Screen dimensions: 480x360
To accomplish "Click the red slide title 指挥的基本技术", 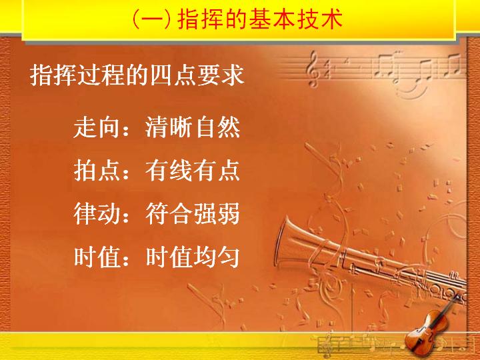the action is pos(259,19).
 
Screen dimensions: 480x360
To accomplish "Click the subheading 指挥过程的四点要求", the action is pos(137,75).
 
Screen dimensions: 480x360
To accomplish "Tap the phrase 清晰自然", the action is pos(193,127).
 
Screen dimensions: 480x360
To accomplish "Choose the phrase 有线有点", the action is pos(193,171).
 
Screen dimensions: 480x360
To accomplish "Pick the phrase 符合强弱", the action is pos(193,214).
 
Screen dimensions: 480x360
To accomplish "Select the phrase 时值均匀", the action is pos(193,257).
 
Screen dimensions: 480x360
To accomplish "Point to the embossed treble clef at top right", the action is pos(313,69).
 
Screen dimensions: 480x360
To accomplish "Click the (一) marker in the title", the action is pos(152,19).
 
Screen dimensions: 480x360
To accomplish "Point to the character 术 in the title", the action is pos(331,19).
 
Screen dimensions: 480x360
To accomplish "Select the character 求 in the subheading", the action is pos(233,75).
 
